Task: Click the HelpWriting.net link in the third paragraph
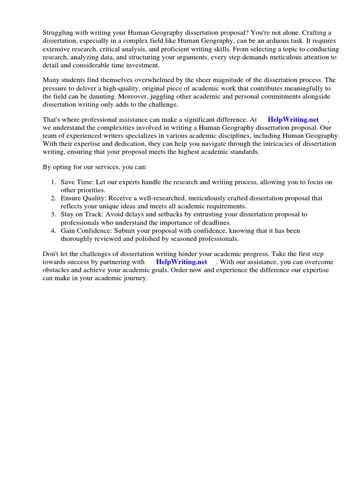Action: [293, 120]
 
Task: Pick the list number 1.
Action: [53, 182]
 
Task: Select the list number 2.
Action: [53, 198]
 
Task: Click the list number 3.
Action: [53, 214]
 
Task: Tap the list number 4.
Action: [53, 231]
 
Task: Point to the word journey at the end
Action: [136, 278]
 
